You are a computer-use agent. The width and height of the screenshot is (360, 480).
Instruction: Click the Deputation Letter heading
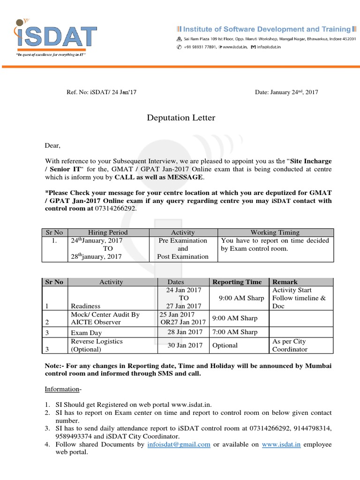click(181, 118)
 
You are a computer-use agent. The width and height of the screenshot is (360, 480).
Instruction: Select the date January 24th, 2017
click(286, 92)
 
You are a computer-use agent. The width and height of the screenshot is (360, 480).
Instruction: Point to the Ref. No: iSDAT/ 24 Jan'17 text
click(102, 92)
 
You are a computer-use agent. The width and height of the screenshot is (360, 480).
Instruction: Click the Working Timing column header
click(275, 232)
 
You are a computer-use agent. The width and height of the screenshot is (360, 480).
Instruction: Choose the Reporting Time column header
click(237, 282)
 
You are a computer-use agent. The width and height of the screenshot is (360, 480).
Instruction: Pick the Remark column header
click(285, 282)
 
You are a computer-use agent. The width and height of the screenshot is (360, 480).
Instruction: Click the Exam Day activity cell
click(86, 333)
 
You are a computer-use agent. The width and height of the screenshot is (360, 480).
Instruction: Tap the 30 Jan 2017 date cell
click(185, 345)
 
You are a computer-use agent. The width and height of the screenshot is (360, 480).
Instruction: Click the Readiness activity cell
click(85, 306)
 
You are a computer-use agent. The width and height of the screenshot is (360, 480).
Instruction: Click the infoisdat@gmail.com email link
click(179, 444)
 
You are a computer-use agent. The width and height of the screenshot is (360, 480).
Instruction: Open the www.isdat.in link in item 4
click(281, 444)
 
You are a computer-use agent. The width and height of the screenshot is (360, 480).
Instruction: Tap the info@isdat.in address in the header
click(272, 47)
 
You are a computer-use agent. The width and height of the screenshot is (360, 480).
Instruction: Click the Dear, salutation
click(53, 145)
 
